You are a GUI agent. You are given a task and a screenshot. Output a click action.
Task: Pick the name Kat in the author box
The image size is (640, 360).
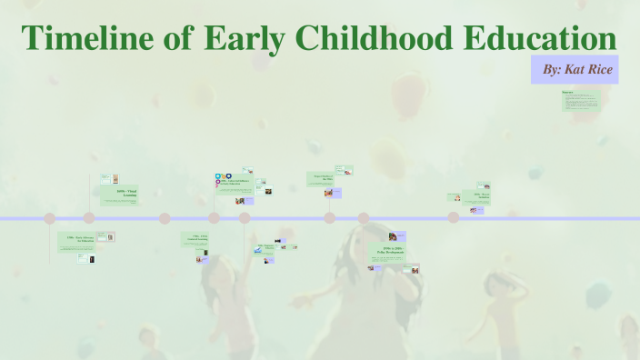click(576, 69)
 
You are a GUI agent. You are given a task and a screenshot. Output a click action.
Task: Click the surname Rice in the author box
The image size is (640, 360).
click(602, 69)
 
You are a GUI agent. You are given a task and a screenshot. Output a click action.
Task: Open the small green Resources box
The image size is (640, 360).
click(581, 100)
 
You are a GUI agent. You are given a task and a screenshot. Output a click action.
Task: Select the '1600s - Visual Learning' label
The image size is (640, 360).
click(126, 193)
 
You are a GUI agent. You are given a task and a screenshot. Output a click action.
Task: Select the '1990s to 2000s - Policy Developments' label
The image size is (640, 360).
click(394, 250)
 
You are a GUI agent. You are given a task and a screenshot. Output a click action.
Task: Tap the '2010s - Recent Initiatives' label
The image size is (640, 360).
click(482, 195)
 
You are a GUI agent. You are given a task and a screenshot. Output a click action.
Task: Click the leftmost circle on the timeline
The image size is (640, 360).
click(50, 218)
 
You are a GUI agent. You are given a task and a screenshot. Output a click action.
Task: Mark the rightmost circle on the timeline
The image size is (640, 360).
click(453, 217)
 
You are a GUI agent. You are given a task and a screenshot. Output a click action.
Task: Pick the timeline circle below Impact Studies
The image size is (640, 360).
click(329, 218)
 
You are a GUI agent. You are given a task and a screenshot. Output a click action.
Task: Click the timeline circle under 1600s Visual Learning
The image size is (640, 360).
click(89, 218)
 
